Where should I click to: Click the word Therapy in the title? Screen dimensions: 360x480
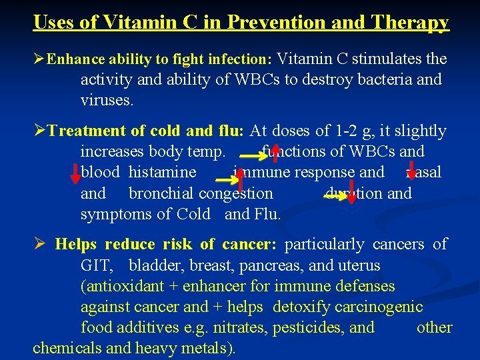coord(414,22)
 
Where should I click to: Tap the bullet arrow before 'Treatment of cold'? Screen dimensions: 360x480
coord(39,131)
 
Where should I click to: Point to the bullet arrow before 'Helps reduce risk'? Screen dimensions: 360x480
coord(39,245)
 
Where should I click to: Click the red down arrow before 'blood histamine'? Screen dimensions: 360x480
coord(75,173)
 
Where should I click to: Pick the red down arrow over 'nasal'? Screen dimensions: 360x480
coord(411,171)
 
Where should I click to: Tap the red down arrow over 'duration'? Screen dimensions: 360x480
coord(351,192)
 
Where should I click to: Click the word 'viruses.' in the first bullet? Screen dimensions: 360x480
coord(107,101)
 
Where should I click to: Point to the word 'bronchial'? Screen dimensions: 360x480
coord(161,194)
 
